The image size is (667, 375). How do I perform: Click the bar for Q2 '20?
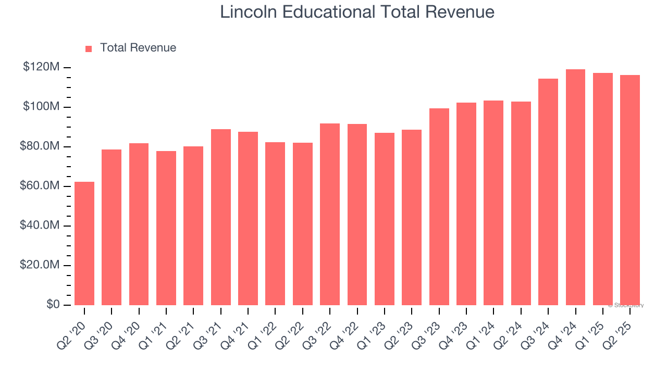[x=84, y=243]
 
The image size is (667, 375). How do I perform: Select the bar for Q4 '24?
[x=575, y=187]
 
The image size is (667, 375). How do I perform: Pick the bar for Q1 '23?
[x=385, y=219]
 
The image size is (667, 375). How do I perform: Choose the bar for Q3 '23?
[x=439, y=206]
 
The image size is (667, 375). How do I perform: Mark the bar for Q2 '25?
[x=629, y=190]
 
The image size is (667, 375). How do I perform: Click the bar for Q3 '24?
[x=548, y=192]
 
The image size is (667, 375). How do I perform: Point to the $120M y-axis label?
[x=41, y=67]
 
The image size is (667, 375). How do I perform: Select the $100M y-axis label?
[x=41, y=107]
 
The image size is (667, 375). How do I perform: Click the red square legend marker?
[x=89, y=48]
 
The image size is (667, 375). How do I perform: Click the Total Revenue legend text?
[x=138, y=48]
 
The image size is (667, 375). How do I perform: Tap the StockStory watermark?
[x=626, y=305]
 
